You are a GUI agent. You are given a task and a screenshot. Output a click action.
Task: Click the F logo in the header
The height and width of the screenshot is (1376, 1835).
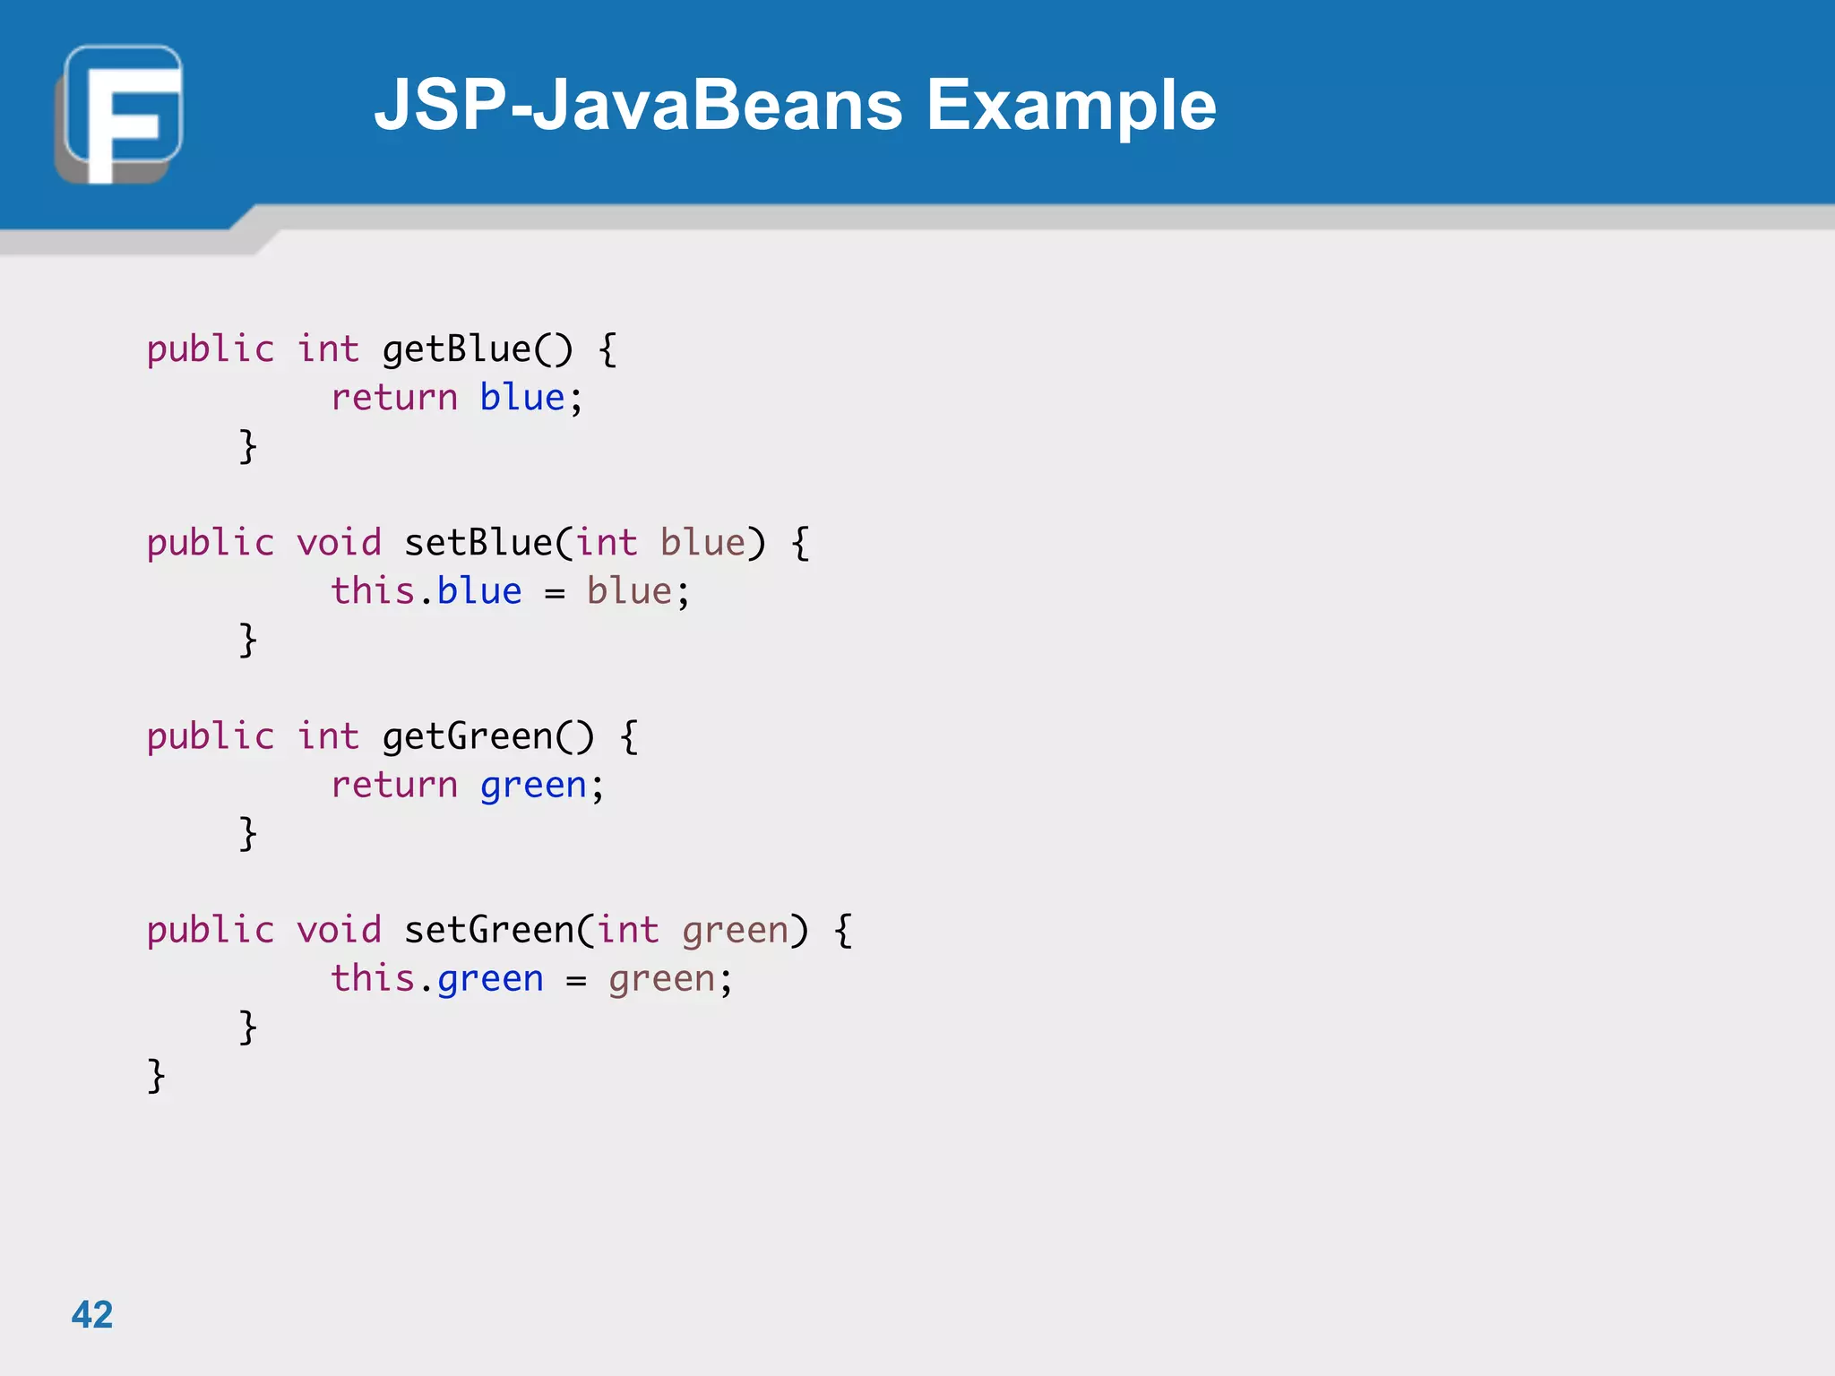[119, 114]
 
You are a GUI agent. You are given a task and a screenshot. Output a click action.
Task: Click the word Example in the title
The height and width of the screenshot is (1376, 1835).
[1071, 105]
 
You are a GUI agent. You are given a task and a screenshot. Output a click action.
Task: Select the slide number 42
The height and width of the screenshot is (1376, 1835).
[92, 1314]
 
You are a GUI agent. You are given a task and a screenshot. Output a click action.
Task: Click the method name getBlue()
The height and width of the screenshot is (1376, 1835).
[477, 349]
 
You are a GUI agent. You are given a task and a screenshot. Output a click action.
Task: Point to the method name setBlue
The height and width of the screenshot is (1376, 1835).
[478, 543]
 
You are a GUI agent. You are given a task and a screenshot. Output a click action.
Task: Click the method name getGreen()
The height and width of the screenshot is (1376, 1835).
[487, 736]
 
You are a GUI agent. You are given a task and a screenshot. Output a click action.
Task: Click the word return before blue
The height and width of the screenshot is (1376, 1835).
[394, 398]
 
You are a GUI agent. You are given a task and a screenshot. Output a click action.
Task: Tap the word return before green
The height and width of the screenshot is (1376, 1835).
[394, 785]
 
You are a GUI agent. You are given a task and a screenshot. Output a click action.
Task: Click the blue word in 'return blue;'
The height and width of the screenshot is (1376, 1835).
[522, 398]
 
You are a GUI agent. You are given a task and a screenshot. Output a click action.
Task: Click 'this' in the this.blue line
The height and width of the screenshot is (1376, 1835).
[373, 591]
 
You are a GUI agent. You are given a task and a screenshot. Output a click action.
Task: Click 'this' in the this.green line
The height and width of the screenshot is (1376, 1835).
[373, 978]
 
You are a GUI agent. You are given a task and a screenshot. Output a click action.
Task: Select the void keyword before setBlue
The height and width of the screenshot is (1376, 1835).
[339, 543]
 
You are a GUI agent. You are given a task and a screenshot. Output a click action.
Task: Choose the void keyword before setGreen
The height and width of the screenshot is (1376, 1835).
[339, 930]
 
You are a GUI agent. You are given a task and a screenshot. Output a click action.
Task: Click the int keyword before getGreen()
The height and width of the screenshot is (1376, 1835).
[328, 736]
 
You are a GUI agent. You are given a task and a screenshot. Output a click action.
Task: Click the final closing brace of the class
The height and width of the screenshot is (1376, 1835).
[156, 1075]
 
